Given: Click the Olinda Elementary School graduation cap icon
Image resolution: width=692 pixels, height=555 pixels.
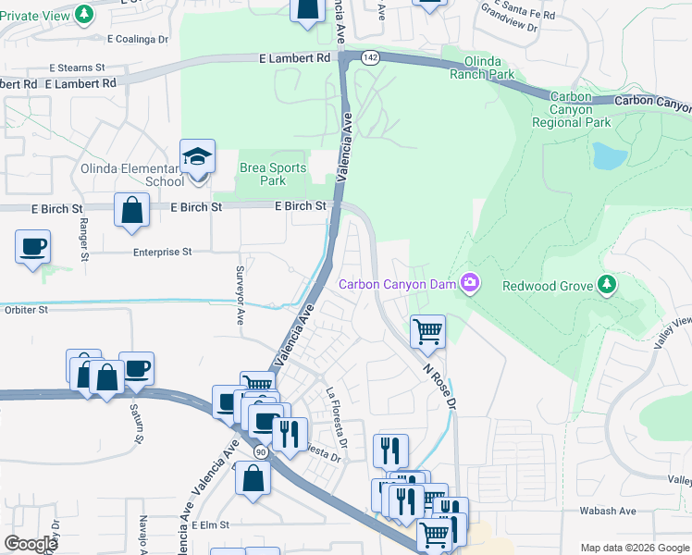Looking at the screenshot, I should tap(198, 157).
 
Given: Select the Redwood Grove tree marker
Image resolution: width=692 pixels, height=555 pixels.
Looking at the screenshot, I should tap(607, 284).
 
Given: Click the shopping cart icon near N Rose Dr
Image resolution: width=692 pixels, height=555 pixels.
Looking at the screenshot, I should tap(427, 330).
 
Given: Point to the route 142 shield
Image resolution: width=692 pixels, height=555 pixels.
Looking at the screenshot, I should tap(370, 57).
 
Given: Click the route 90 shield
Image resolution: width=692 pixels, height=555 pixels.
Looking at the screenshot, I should tap(262, 451).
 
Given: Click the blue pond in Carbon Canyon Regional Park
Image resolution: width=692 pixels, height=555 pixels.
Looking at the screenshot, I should tap(610, 155).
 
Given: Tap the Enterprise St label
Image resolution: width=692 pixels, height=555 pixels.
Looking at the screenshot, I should tap(162, 252).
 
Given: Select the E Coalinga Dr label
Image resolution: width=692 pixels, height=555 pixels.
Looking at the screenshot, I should tap(138, 39).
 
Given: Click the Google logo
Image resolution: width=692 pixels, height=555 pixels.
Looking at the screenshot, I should tap(31, 544).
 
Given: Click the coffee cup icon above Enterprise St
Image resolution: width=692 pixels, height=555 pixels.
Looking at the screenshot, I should tap(33, 247).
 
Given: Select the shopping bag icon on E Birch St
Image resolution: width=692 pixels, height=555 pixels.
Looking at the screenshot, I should tap(132, 209).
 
